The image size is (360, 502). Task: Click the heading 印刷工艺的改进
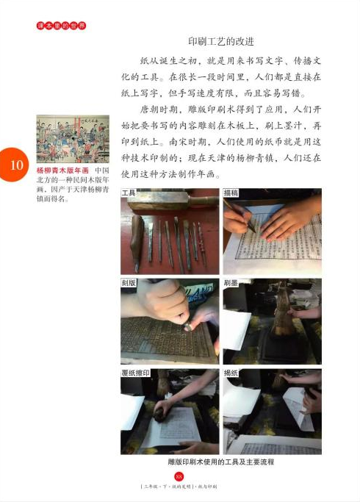221,40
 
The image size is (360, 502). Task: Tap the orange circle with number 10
16,166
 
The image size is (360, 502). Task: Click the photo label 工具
129,193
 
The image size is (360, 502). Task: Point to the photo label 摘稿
232,193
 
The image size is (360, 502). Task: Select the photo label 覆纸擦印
135,373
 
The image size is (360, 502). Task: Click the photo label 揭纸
232,373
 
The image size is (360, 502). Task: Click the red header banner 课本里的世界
62,26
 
